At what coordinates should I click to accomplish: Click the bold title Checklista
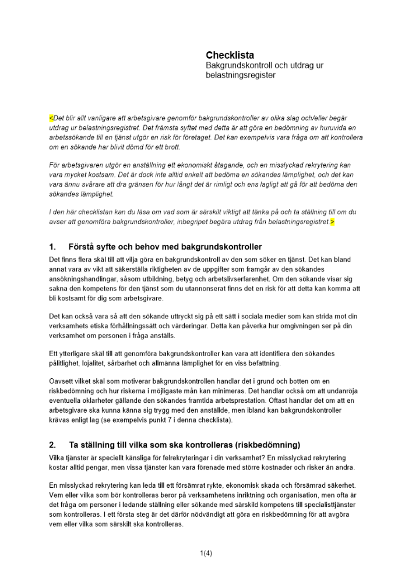(x=230, y=55)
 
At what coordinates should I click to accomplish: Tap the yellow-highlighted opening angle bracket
(x=51, y=118)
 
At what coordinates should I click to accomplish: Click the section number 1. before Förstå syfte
(x=52, y=247)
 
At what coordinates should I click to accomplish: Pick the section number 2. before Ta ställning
(x=52, y=445)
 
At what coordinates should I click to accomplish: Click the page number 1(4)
(x=206, y=553)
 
